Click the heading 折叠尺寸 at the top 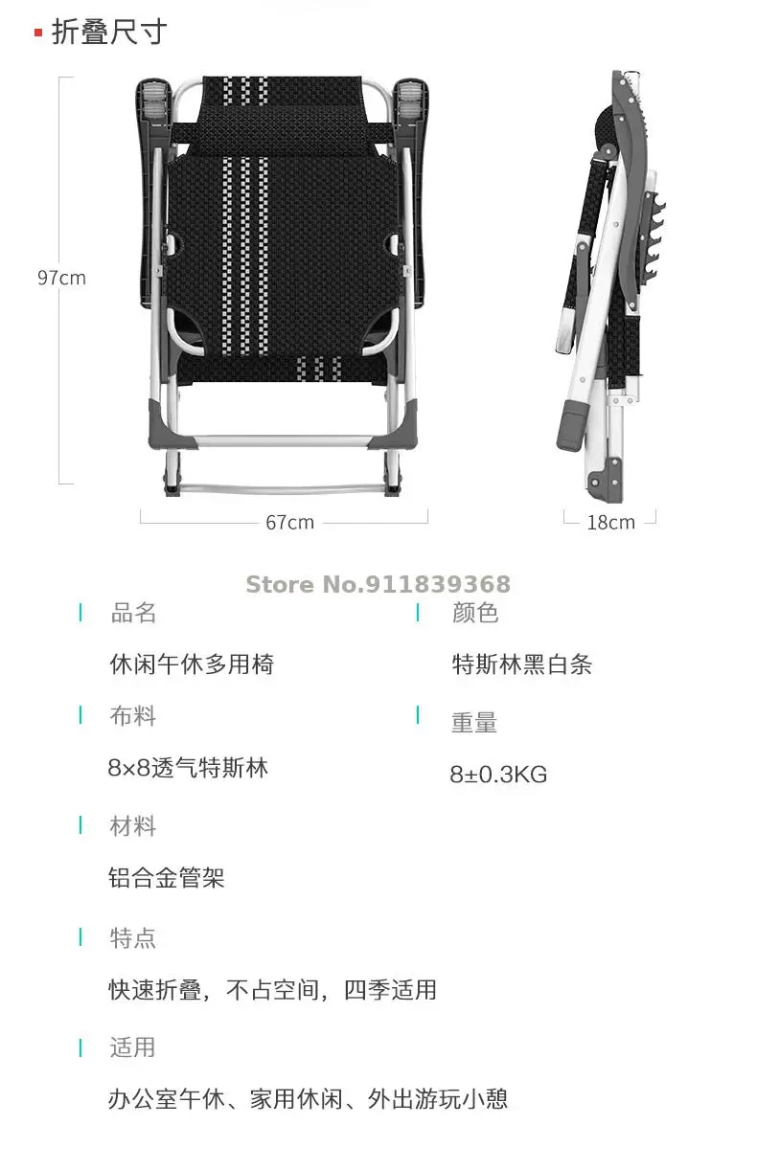108,32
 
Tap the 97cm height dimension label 61,278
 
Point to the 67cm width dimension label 289,522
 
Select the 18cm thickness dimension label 610,522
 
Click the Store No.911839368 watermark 378,584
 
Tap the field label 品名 133,613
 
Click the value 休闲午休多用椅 192,664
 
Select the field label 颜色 475,613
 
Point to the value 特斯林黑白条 522,664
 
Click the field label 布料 133,716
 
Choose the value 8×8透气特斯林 188,768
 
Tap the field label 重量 474,723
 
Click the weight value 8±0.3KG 498,775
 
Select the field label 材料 133,826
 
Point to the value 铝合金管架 167,878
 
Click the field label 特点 133,937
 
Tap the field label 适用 133,1047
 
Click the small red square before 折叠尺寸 38,34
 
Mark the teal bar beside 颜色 418,613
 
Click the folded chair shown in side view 604,287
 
